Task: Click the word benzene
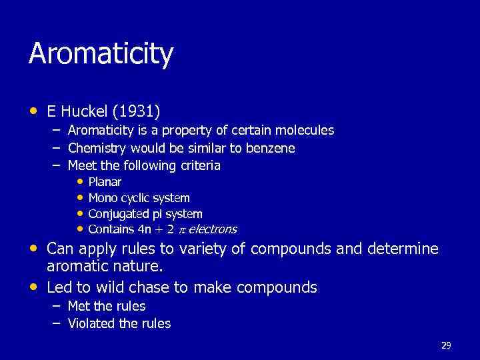coord(270,147)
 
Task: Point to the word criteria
coord(198,165)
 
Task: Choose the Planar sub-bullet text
coord(105,181)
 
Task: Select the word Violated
coord(91,323)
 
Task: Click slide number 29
coord(446,345)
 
